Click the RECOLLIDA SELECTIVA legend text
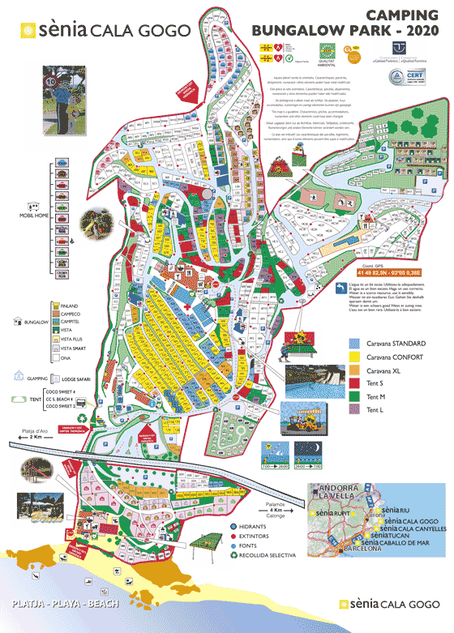266,556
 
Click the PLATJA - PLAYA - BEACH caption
66,605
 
